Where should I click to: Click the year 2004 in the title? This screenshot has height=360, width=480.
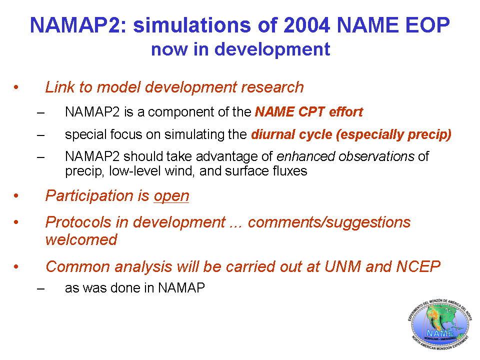tap(306, 25)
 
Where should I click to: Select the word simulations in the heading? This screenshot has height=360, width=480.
tap(192, 25)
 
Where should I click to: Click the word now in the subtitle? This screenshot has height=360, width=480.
tap(169, 49)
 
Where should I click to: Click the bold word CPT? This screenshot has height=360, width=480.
tap(311, 112)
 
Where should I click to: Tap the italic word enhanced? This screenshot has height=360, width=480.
tap(306, 156)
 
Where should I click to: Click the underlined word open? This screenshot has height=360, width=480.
tap(171, 196)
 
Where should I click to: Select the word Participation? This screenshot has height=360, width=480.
tap(89, 196)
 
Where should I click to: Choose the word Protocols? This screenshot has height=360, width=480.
tap(78, 222)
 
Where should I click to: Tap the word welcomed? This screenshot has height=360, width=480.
tap(81, 239)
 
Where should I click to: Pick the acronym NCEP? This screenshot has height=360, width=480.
tap(418, 266)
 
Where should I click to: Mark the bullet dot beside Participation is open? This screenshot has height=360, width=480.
tap(16, 195)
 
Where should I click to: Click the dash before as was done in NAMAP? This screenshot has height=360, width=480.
tap(40, 288)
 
